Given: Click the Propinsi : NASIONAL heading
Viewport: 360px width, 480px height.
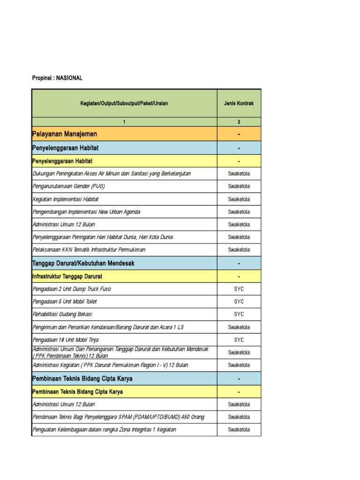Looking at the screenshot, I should point(57,78).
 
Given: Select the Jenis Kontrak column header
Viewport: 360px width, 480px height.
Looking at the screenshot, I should point(239,103).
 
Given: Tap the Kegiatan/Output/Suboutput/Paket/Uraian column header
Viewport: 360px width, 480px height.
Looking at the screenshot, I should point(124,103).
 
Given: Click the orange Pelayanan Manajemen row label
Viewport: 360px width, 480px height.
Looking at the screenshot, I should point(65,135).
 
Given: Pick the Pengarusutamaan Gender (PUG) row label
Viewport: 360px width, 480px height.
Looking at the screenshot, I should point(69,186).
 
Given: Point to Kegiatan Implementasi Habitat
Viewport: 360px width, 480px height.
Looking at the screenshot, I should point(66,199).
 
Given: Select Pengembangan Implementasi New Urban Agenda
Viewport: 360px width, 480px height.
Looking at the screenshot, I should point(86,212).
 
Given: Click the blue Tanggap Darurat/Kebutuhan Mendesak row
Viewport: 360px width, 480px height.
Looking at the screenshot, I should point(83,263).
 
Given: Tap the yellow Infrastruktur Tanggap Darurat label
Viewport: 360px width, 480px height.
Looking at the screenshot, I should point(67,276).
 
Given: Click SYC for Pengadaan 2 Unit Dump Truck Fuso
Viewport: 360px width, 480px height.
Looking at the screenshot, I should point(239,289).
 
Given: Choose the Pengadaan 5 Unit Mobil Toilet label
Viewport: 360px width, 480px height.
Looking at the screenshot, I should point(65,301).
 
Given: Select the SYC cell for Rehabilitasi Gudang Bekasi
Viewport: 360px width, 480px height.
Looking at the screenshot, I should point(239,314).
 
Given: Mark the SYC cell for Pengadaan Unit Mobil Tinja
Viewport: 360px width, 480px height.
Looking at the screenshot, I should point(239,339).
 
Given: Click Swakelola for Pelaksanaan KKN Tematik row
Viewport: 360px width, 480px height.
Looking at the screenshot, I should point(239,250).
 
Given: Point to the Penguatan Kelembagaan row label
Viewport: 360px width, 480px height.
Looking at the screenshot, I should point(105,430).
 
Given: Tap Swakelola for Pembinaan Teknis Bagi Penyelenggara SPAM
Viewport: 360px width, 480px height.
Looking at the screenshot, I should point(239,417).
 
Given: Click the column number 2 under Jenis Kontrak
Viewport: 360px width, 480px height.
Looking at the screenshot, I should point(239,122).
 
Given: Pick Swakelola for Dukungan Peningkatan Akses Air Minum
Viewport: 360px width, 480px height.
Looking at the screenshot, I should point(239,173).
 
